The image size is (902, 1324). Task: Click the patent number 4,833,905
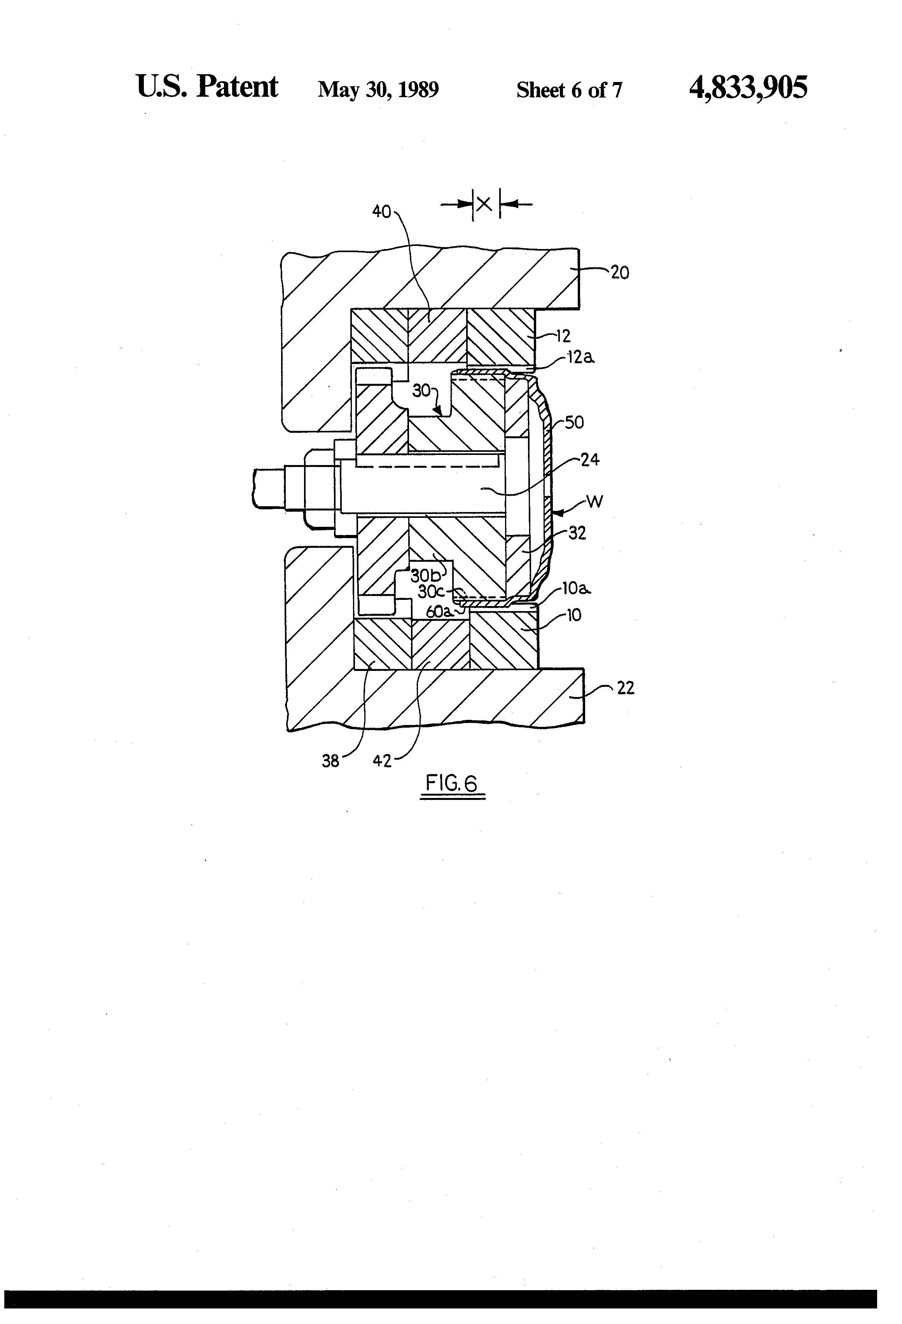[x=748, y=88]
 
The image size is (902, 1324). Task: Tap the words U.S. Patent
[x=207, y=87]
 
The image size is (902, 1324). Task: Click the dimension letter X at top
[x=485, y=204]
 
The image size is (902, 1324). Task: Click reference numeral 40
[x=381, y=212]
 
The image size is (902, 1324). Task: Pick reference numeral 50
[x=574, y=423]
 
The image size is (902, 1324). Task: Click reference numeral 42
[x=382, y=761]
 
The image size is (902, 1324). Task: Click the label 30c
[x=430, y=592]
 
